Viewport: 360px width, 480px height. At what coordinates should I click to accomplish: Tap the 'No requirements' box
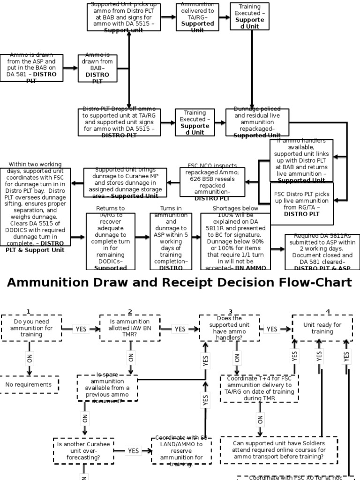coord(29,384)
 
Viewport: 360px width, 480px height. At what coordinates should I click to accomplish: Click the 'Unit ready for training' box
coord(322,328)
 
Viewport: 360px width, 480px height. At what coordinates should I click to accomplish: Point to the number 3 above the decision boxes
coord(231,312)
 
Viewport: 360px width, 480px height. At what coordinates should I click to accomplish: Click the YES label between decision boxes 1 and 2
coord(81,329)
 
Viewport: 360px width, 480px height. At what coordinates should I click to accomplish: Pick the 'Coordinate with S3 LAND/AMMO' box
coord(181,451)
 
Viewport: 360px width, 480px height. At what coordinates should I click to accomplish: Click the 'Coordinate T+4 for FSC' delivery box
coord(259,388)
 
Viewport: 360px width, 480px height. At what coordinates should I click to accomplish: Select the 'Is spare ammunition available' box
coord(107,388)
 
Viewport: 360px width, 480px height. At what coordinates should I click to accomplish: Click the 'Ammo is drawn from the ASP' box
coord(31,68)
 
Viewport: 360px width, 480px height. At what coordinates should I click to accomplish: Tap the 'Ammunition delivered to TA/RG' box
coord(197,17)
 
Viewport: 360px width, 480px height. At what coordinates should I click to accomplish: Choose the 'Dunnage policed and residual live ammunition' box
coord(257,122)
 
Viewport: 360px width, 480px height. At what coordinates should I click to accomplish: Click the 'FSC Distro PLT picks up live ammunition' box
coord(301,203)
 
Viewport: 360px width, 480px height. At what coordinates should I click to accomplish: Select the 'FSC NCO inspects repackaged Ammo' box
coord(212,182)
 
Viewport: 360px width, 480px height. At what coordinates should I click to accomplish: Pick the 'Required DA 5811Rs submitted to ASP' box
coord(320,252)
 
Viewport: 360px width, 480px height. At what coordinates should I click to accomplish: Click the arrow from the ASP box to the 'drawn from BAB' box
coord(70,68)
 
